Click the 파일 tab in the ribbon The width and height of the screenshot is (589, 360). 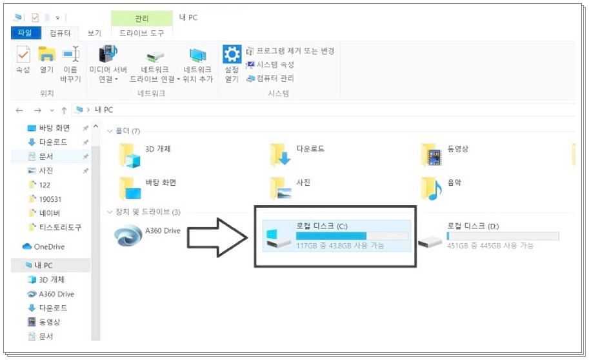point(25,34)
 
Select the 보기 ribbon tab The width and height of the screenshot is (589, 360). point(94,34)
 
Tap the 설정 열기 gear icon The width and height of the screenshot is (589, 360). point(231,54)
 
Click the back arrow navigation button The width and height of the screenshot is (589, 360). point(19,110)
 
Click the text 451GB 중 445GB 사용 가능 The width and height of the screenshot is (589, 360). point(490,246)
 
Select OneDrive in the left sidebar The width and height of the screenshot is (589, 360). point(49,246)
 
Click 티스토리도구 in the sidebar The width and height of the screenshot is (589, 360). point(59,227)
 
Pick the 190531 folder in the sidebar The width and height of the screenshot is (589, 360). point(50,199)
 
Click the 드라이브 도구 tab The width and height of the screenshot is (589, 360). point(141,34)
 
